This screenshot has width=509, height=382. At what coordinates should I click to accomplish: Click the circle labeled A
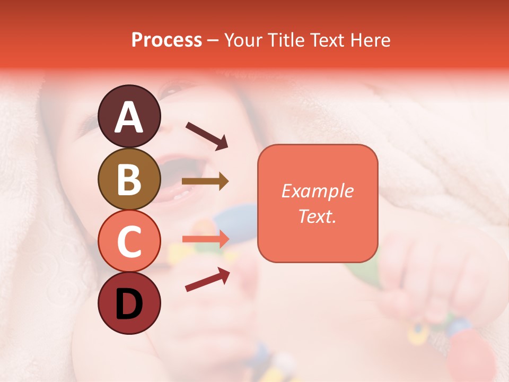coord(129,116)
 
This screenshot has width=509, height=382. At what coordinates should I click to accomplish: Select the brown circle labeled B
coord(129,179)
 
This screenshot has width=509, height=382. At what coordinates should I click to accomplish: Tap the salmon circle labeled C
coord(129,241)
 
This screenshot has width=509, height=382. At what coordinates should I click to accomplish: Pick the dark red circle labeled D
coord(129,303)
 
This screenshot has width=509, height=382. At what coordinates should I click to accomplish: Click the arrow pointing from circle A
coord(207,135)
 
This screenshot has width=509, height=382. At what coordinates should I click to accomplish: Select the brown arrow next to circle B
coord(205,181)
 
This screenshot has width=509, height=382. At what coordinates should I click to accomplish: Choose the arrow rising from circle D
coord(207,280)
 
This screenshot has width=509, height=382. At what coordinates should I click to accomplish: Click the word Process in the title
coord(166,40)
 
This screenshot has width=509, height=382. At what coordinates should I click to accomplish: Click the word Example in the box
coord(317,191)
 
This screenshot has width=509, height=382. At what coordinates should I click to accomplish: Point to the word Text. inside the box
coord(317,216)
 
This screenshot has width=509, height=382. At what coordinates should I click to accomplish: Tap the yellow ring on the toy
coord(419,333)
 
